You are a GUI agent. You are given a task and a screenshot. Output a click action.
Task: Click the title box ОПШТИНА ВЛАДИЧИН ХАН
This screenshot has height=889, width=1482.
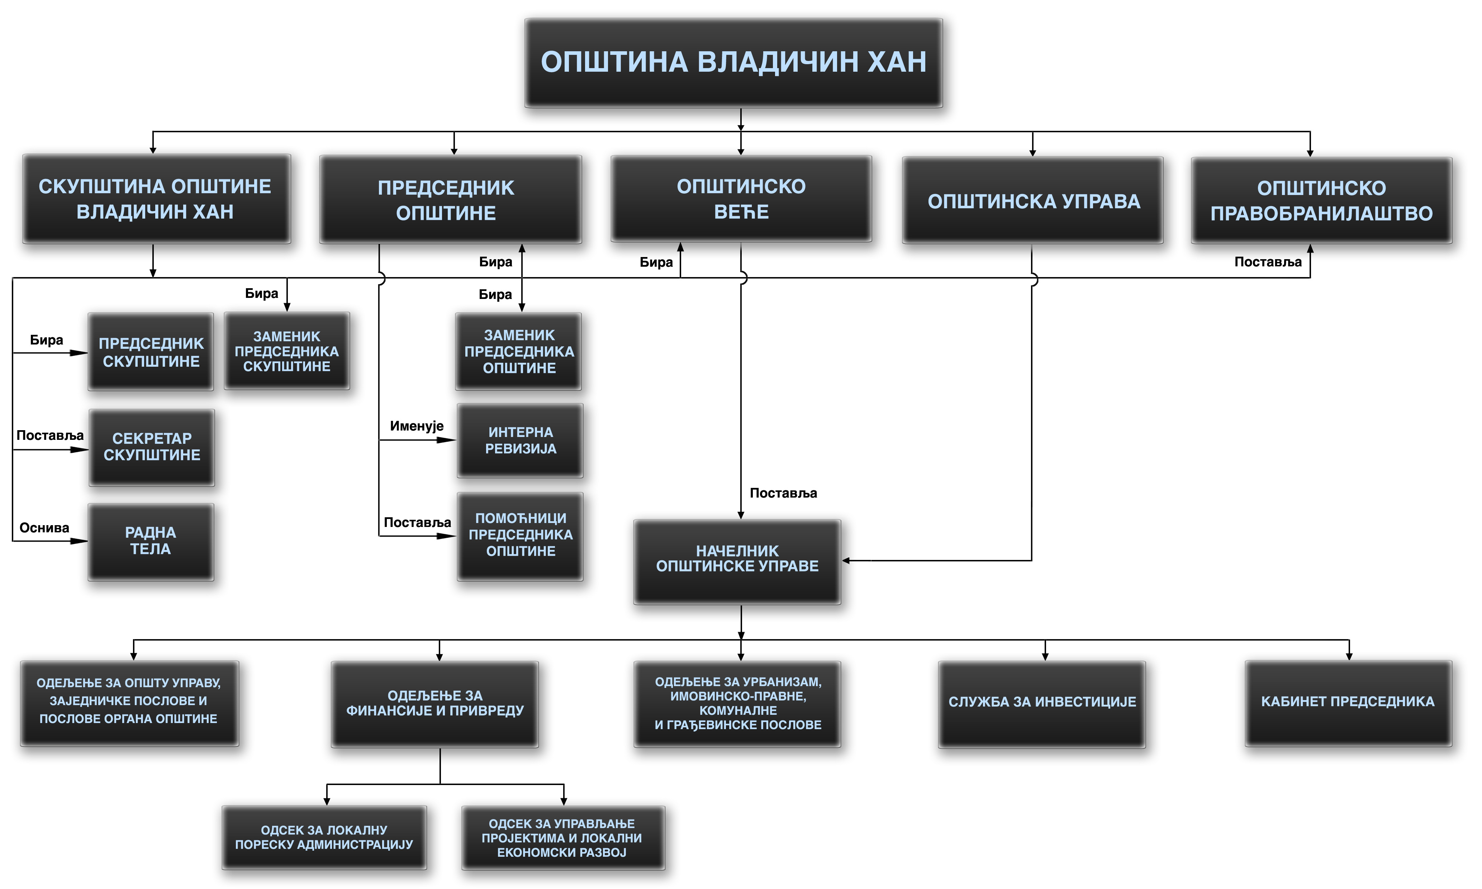coord(733,63)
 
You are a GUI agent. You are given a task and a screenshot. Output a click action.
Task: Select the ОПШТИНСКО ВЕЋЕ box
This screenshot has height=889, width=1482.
coord(741,199)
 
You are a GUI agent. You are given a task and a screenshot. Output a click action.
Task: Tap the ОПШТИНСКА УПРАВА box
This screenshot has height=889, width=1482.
coord(1033,201)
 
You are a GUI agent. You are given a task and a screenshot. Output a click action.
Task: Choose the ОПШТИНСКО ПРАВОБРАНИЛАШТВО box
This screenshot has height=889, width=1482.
coord(1321,201)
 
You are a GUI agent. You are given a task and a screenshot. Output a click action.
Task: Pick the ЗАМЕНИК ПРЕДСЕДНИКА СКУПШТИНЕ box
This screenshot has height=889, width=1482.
coord(287,351)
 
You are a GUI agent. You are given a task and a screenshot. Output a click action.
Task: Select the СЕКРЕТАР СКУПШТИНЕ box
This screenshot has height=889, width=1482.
coord(152,447)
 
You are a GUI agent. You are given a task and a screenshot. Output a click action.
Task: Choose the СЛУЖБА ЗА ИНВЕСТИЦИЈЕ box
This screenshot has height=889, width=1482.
coord(1042,703)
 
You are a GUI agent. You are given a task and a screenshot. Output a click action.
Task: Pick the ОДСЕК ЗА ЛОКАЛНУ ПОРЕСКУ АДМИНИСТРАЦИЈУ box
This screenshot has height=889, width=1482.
coord(324,837)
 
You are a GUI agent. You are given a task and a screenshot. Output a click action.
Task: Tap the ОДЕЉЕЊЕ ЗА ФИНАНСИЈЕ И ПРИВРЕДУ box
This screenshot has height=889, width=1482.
coord(435,704)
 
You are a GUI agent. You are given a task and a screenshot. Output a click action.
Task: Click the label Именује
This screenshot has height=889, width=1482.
coord(416,426)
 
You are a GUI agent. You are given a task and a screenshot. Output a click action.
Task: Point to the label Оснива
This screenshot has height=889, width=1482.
coord(44,528)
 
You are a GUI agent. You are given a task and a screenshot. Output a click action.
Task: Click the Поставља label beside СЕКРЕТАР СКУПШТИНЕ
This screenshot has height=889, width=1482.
coord(50,436)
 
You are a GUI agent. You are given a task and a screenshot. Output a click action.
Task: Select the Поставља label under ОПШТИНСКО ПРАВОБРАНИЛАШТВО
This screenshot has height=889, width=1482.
coord(1268,262)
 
